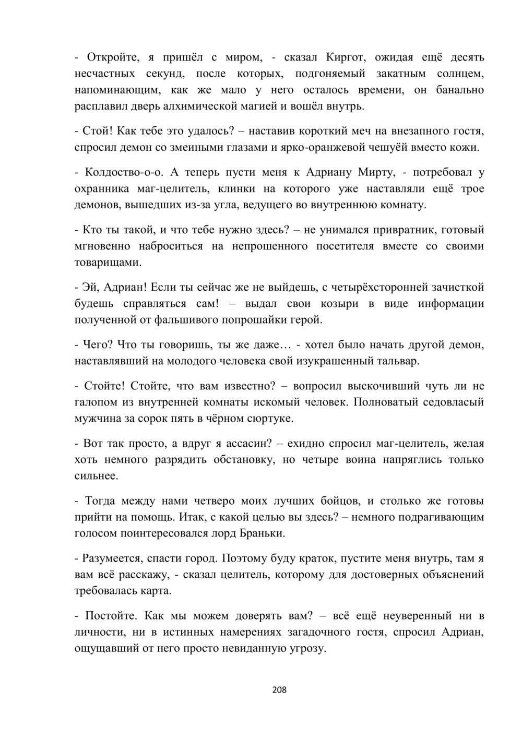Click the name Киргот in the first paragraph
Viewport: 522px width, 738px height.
pyautogui.click(x=345, y=57)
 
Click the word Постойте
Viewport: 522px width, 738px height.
pyautogui.click(x=107, y=616)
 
